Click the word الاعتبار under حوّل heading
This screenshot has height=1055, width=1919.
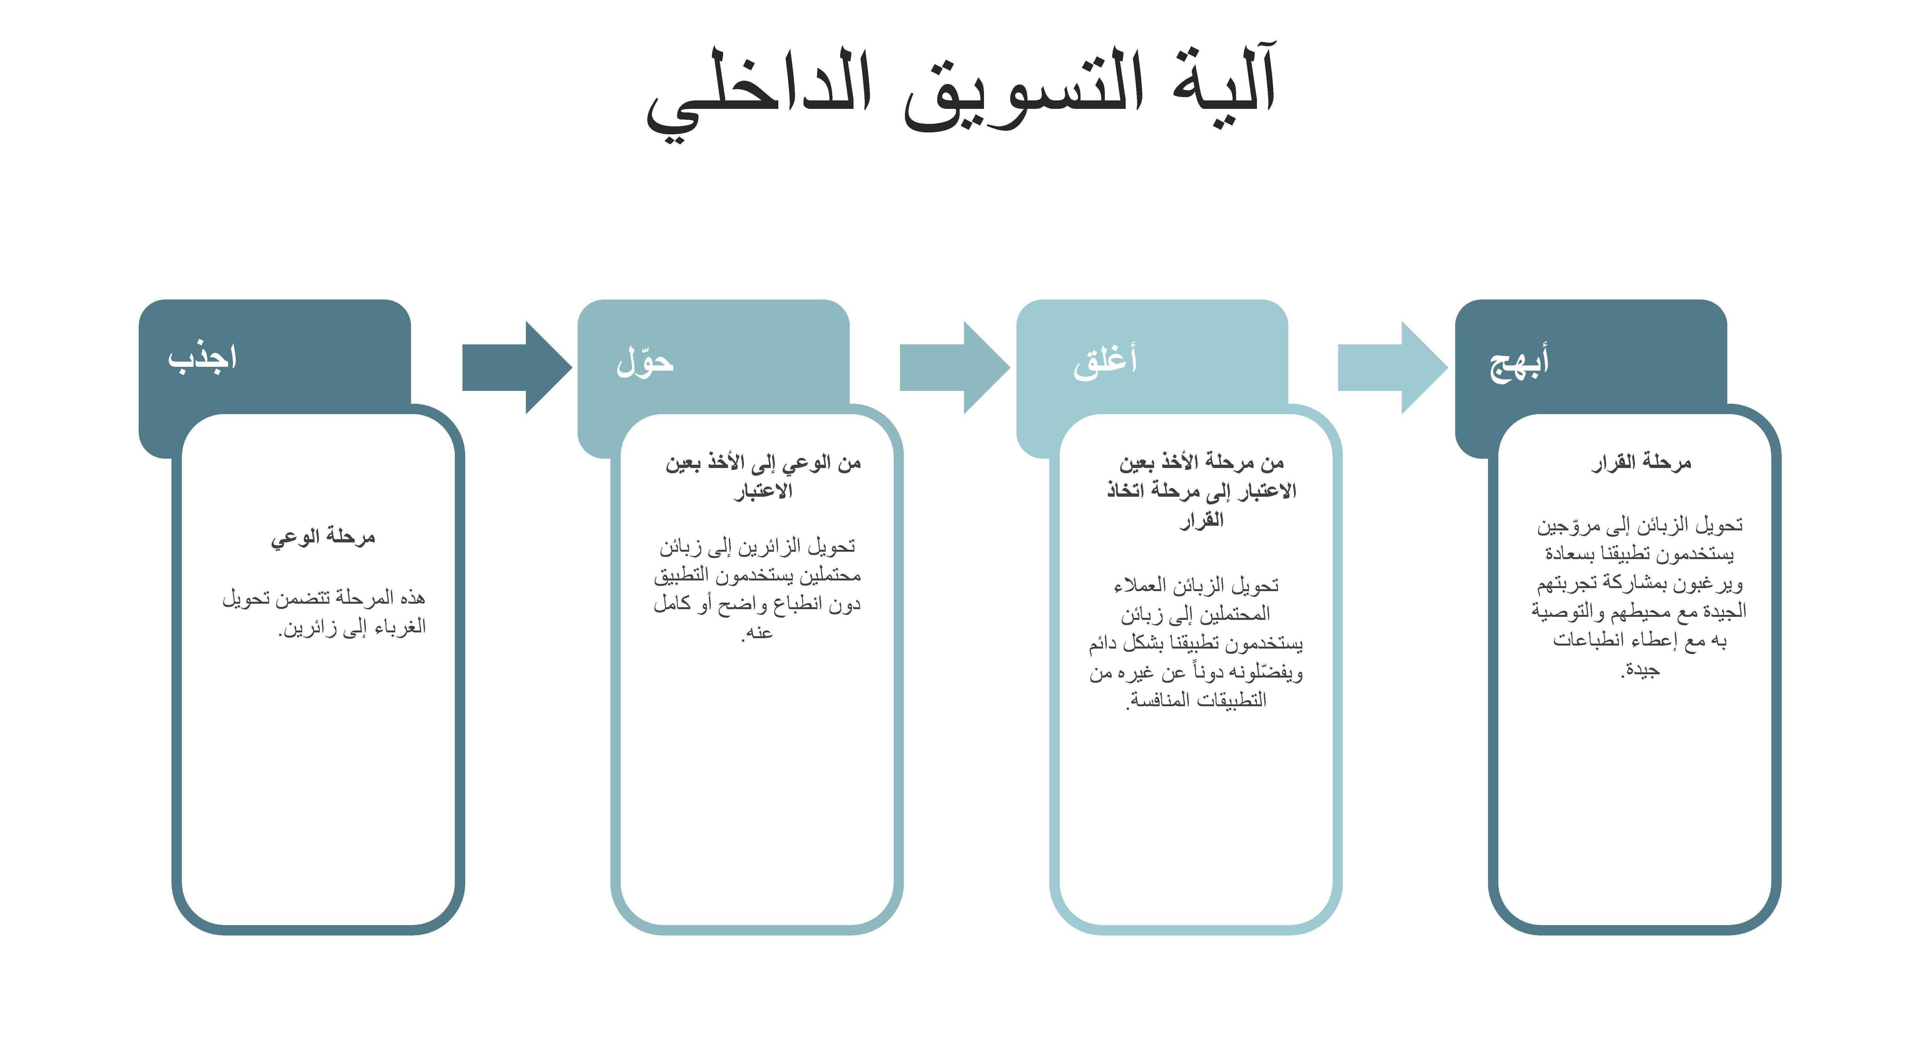763,491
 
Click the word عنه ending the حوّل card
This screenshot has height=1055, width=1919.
758,633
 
